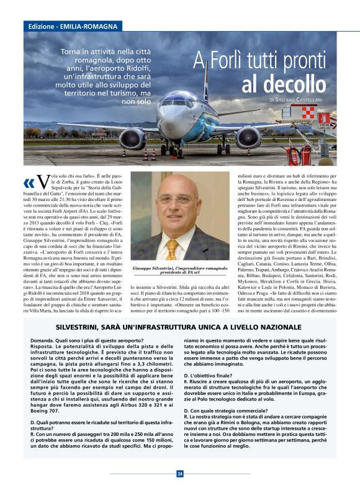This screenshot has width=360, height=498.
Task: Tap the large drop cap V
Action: tap(42, 182)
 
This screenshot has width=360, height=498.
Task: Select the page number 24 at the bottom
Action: tap(180, 474)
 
